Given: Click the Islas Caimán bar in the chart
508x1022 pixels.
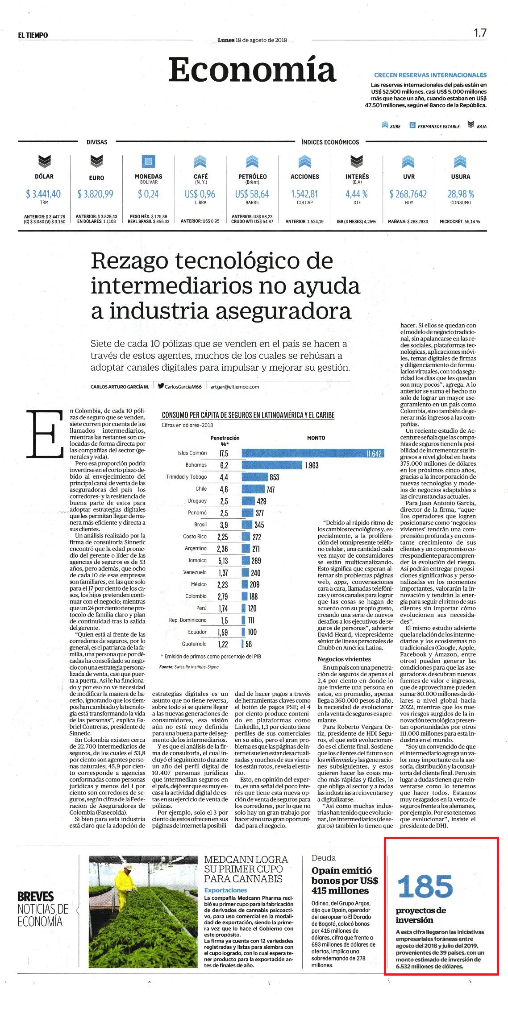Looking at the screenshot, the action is [x=313, y=453].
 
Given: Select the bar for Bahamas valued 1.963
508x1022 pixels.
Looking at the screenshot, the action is [x=272, y=465].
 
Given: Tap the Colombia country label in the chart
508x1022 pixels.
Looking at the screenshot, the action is [x=196, y=596].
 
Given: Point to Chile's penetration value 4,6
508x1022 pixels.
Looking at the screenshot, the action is [x=224, y=489].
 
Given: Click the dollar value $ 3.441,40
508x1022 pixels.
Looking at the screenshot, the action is [x=44, y=194].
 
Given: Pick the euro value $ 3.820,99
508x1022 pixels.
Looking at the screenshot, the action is [x=96, y=194].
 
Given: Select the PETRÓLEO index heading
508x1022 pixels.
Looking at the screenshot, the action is [x=253, y=177].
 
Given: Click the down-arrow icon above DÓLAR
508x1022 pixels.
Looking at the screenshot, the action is [x=44, y=161].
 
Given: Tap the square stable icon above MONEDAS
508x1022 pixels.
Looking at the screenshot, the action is [x=148, y=161].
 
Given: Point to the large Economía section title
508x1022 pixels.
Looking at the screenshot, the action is [x=252, y=70].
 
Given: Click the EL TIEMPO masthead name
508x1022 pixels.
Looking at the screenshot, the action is [x=33, y=35].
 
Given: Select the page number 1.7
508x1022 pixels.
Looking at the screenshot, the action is [x=480, y=33].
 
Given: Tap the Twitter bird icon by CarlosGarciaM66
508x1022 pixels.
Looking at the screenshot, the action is [x=161, y=386].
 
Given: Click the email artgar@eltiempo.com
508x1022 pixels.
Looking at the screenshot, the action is [x=235, y=387].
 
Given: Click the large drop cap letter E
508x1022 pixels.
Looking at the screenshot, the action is [x=45, y=433].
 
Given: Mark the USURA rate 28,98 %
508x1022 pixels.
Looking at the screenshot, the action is [x=461, y=194].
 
